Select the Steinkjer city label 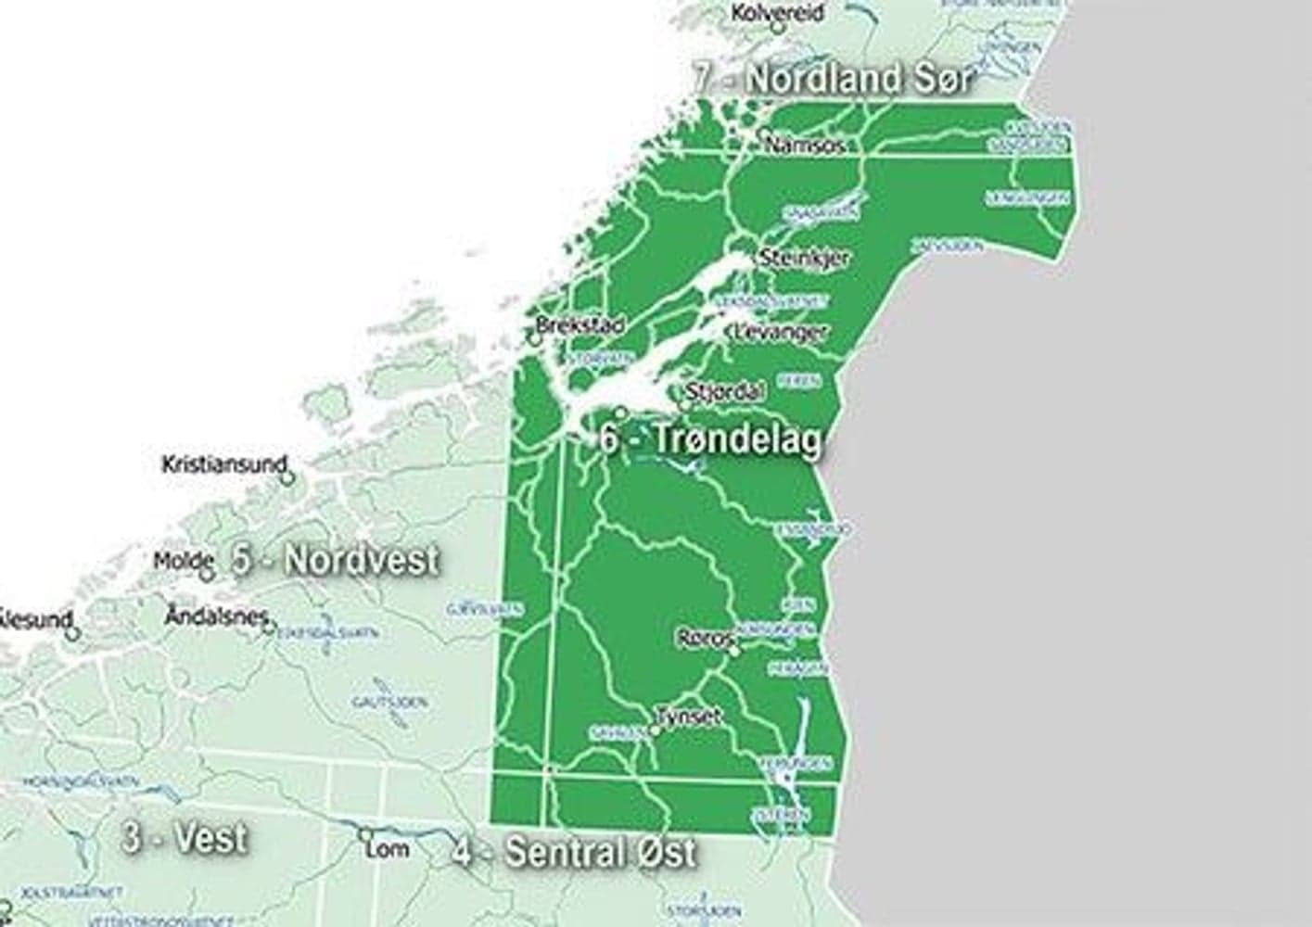click(804, 258)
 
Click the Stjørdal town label click(727, 391)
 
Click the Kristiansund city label click(223, 463)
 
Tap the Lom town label click(388, 847)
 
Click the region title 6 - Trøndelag click(711, 440)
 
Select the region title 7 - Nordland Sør click(833, 79)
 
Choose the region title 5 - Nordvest click(336, 560)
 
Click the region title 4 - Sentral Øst click(575, 851)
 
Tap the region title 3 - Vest click(185, 838)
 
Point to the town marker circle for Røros click(734, 652)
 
